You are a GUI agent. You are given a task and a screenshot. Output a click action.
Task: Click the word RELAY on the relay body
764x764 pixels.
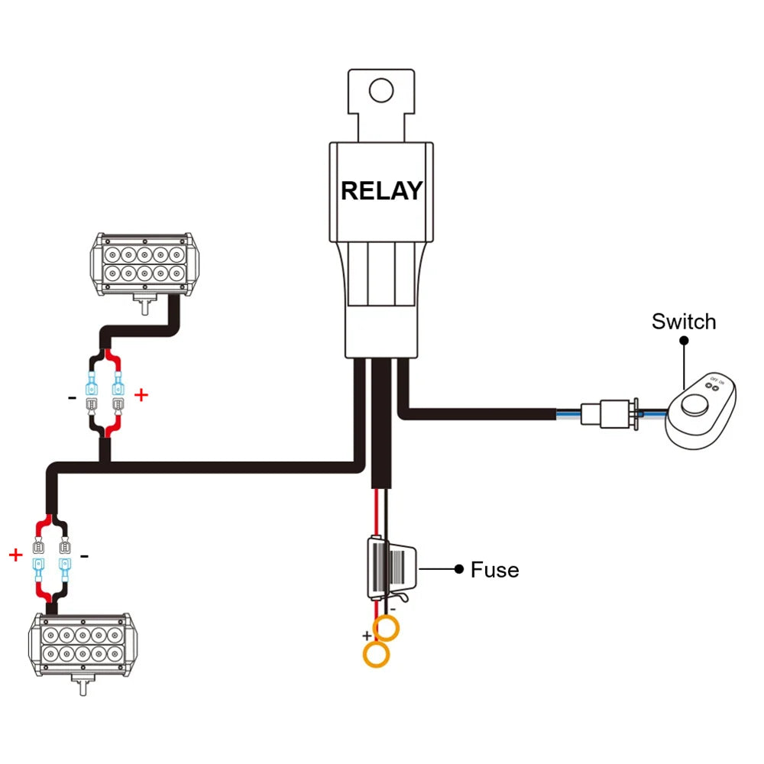pos(381,191)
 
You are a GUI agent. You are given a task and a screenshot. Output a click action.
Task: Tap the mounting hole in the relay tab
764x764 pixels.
pos(381,90)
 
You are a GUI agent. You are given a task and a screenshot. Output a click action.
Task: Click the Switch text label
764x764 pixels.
pos(684,322)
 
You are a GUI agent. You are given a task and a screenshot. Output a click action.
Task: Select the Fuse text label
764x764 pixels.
pos(494,570)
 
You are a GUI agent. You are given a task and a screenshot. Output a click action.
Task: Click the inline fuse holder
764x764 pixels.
pos(392,568)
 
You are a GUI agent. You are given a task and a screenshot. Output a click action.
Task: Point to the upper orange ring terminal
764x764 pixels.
pos(386,628)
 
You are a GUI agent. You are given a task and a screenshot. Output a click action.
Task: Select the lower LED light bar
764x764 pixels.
pos(83,645)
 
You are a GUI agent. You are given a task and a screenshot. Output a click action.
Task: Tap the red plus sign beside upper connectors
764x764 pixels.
pos(141,395)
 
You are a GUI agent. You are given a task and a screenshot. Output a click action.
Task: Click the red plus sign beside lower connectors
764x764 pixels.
pos(15,555)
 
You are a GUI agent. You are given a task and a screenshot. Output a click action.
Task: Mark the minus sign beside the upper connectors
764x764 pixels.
pos(72,398)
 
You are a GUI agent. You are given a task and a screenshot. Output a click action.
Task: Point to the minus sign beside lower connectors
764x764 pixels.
pos(84,556)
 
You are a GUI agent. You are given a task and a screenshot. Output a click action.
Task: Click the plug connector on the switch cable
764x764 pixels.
pos(610,414)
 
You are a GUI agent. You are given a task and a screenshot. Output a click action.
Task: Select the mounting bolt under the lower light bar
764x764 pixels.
pos(83,685)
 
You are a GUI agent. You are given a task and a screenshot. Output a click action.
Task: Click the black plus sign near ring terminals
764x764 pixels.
pos(367,636)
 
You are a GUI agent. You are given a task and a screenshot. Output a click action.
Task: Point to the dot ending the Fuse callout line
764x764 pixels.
pos(458,568)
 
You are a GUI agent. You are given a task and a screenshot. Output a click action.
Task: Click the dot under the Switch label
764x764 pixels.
pos(684,340)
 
